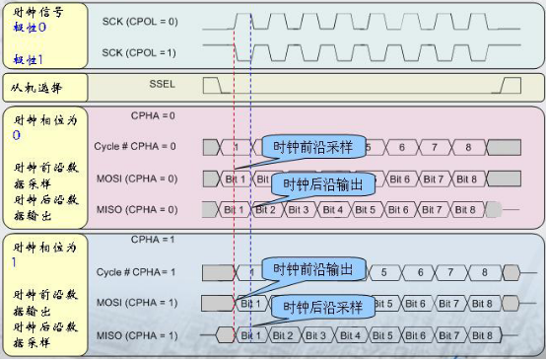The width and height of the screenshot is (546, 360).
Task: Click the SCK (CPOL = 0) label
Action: (x=142, y=20)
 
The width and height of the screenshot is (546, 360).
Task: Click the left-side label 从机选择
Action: (x=35, y=88)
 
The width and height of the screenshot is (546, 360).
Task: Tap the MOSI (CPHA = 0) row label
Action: (x=136, y=179)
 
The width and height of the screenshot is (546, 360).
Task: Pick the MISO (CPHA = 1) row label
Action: (x=136, y=336)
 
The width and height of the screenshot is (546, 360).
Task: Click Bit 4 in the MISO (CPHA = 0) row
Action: (x=333, y=210)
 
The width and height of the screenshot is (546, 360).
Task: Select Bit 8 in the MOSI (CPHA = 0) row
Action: (x=466, y=179)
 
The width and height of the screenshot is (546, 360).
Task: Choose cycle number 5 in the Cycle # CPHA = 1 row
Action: (x=385, y=271)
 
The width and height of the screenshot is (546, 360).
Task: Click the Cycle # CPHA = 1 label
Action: (x=136, y=271)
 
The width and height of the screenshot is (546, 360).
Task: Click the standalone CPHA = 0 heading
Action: (x=153, y=115)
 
